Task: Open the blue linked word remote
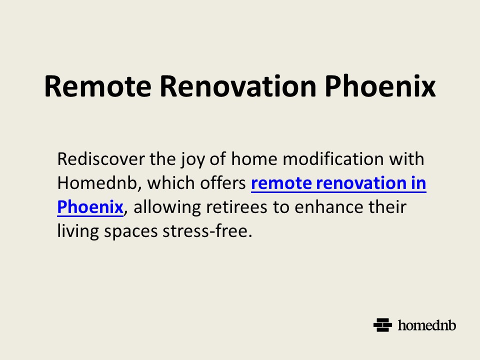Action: pyautogui.click(x=280, y=183)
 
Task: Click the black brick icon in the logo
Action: pyautogui.click(x=382, y=325)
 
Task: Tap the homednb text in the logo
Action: pyautogui.click(x=427, y=325)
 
